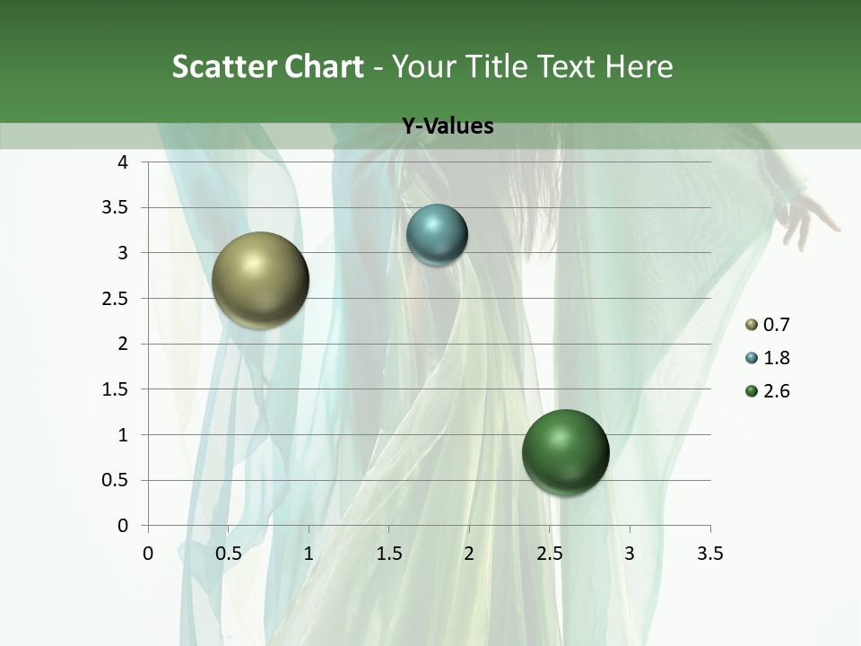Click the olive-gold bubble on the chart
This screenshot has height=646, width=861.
coord(260,280)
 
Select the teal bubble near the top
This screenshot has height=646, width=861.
coord(437,235)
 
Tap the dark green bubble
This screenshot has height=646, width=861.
coord(565,452)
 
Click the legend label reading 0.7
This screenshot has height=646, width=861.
coord(776,325)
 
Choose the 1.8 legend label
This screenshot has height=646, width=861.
coord(776,358)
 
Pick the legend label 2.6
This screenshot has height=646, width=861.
coord(776,391)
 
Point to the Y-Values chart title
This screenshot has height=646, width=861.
coord(447,127)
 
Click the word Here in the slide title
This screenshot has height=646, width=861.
coord(639,66)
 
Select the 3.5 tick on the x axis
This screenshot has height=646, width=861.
coord(709,554)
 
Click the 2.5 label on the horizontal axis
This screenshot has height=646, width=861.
coord(549,554)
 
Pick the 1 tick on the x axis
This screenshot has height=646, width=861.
coord(309,554)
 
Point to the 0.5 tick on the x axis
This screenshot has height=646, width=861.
coord(228,554)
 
